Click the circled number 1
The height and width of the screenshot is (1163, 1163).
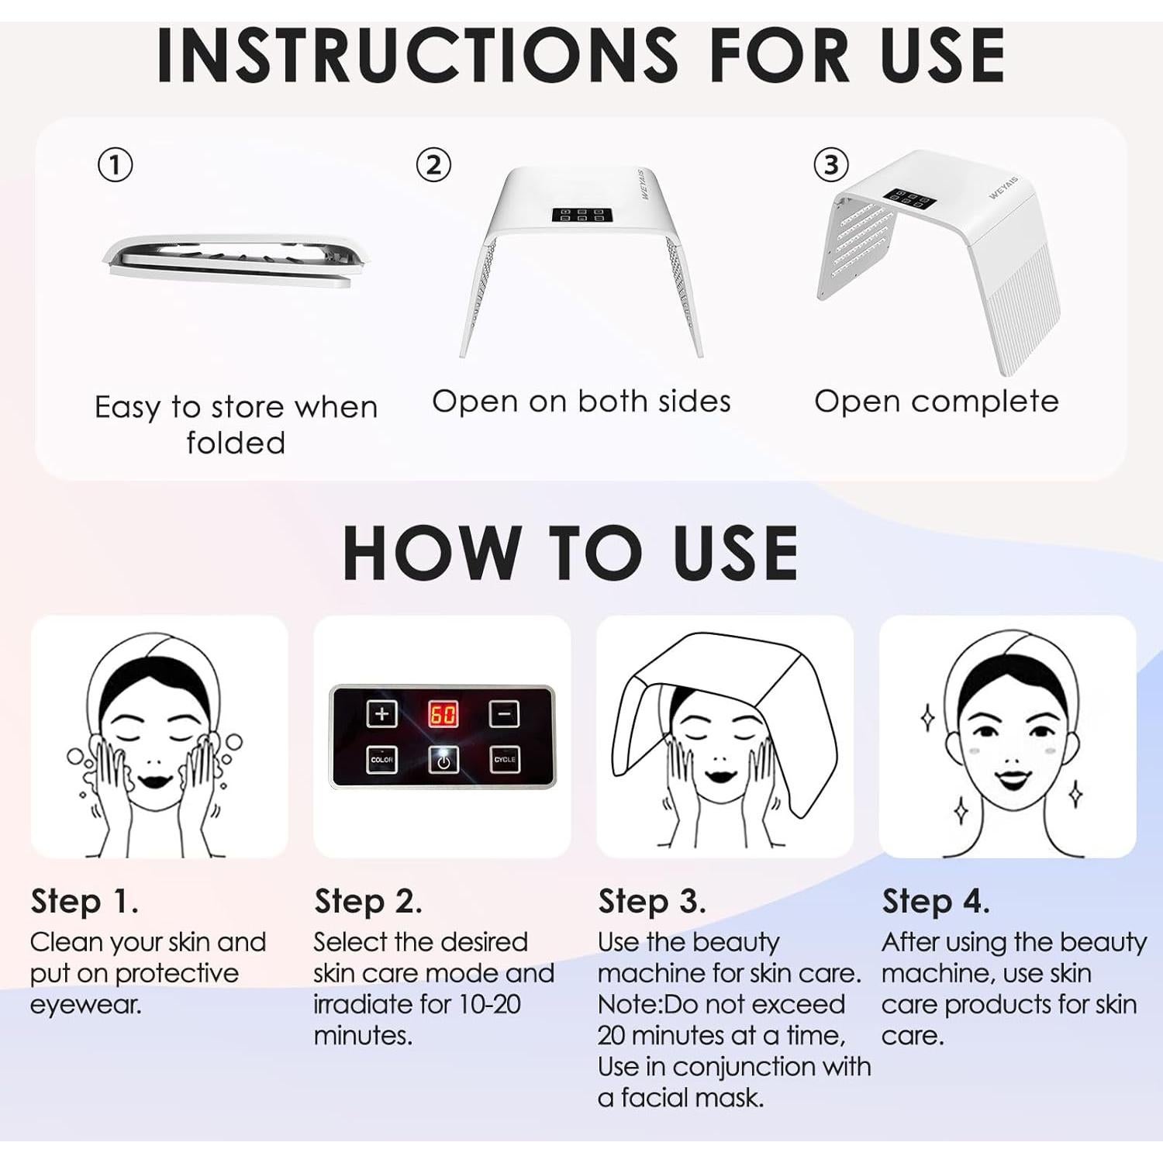115,166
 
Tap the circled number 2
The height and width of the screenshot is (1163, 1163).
433,165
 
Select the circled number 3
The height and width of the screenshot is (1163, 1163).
830,165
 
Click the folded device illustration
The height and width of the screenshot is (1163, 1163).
235,261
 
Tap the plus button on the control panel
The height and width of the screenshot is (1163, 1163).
381,714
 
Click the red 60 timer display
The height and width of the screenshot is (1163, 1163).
443,714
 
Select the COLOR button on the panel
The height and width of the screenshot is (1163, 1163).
381,760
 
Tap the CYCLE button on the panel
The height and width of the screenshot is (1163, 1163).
504,760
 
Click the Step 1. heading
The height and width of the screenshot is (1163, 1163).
85,902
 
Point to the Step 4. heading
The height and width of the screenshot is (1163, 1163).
936,902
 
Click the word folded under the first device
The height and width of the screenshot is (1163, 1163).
236,443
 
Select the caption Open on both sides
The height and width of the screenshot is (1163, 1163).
581,402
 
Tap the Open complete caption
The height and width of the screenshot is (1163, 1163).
936,402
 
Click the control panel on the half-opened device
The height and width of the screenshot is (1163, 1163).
578,215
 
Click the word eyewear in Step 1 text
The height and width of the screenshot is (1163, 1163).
85,1005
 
